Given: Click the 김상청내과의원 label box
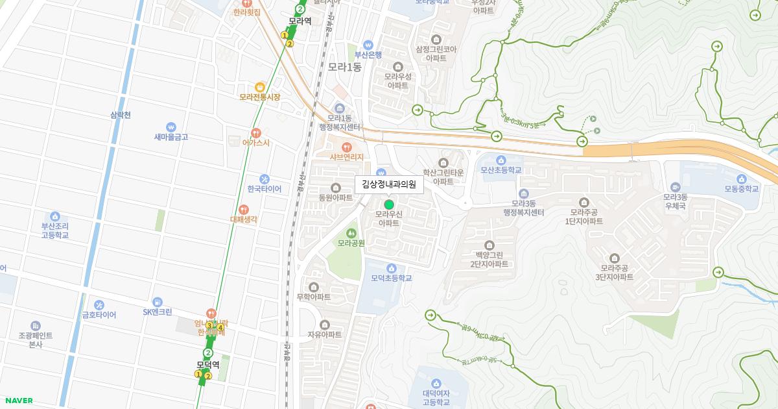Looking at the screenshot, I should (389, 184).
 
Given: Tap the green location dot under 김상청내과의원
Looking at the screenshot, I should (389, 204).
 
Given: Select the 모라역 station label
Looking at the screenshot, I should (300, 21).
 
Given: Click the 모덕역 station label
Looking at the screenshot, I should (208, 365).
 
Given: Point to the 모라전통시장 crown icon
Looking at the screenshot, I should (260, 86).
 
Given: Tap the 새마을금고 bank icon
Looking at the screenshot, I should (171, 127).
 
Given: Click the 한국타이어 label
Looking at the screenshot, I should (264, 190).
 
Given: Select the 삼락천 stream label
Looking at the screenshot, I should (121, 116).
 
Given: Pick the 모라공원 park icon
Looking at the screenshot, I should (351, 232).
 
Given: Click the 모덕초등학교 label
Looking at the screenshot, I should (392, 278).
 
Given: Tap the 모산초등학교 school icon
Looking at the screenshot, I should (501, 160).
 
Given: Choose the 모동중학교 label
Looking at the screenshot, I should (741, 189).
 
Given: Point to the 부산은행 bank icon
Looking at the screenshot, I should (368, 45).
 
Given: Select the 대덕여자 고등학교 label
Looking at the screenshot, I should (436, 397).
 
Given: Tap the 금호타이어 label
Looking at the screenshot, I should (99, 315).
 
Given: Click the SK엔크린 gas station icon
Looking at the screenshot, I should (157, 302).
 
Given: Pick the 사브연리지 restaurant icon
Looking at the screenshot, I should (346, 147).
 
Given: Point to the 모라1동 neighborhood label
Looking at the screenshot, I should (344, 66).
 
